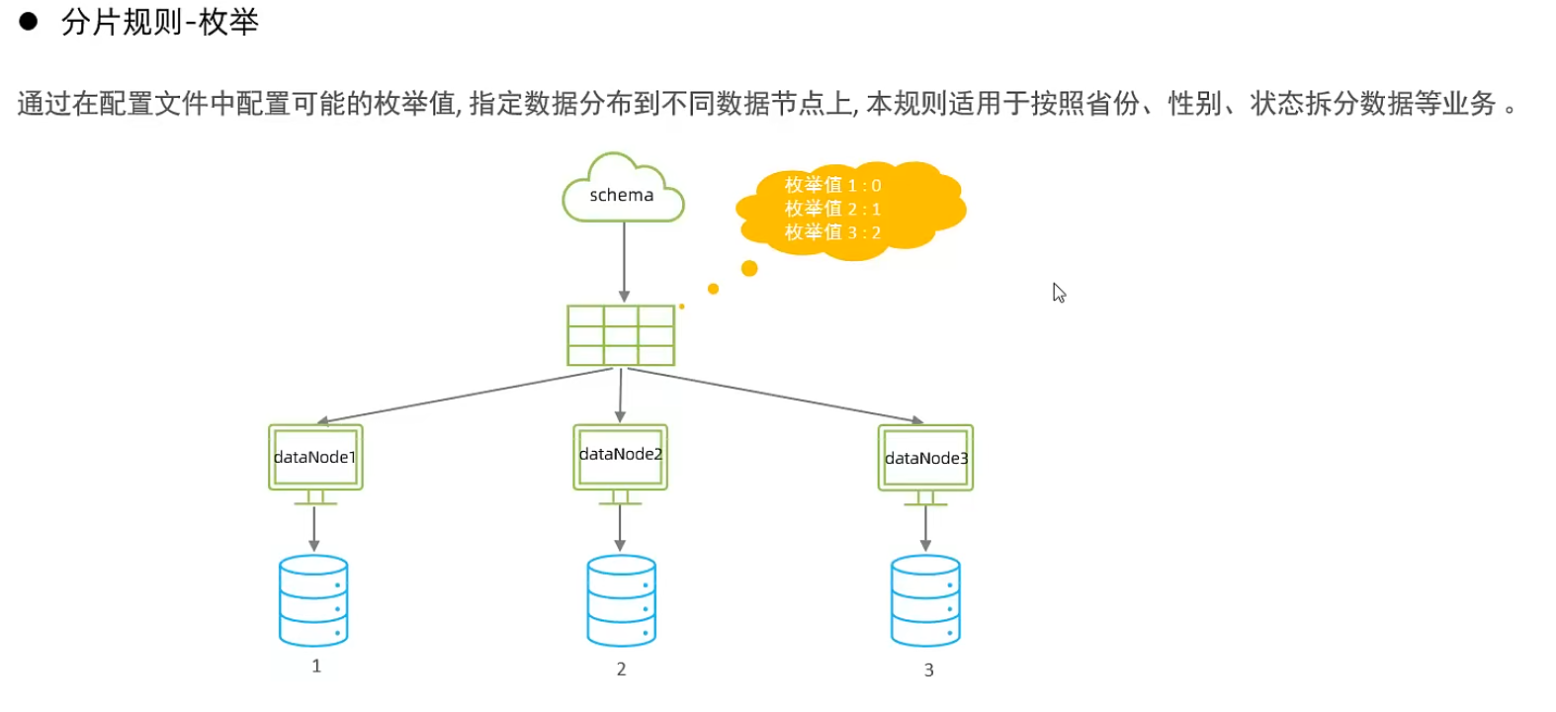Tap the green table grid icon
pos(621,335)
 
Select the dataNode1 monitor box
pos(315,457)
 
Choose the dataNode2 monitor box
pos(620,456)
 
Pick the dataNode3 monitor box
pos(925,458)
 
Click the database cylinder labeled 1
pos(313,600)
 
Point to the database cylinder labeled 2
pos(621,600)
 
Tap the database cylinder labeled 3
pos(925,600)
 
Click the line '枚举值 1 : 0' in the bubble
pos(832,185)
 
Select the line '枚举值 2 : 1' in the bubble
pos(832,209)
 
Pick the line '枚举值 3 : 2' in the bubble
pos(832,232)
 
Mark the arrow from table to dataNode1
pos(465,396)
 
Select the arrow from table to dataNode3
pos(776,396)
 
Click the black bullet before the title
pos(29,22)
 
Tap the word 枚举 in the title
pos(228,22)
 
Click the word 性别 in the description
pos(1194,103)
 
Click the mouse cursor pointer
pos(1059,293)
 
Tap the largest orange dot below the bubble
pos(749,268)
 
